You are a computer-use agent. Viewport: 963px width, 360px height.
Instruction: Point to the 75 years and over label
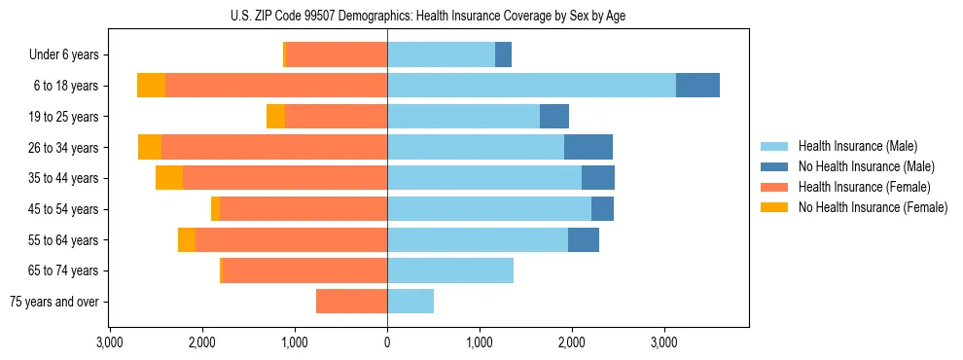coord(54,302)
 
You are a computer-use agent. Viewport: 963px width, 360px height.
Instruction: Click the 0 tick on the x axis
coord(387,342)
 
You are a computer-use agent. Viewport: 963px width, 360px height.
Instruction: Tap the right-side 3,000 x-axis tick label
coord(663,342)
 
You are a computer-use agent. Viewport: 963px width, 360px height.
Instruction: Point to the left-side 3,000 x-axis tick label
coord(110,342)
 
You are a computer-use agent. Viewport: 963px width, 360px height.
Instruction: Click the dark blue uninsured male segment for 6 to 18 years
coord(697,86)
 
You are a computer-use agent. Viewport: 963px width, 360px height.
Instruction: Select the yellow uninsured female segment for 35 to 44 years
coord(169,178)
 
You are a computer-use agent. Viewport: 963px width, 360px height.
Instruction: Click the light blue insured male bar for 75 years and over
coord(410,302)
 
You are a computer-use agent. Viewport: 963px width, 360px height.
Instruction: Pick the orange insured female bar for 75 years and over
coord(351,302)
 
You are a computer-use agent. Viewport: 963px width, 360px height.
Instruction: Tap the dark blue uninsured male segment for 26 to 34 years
coord(588,147)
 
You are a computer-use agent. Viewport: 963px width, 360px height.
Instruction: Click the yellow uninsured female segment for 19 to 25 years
coord(275,117)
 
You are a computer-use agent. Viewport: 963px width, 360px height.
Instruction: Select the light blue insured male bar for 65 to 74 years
coord(450,270)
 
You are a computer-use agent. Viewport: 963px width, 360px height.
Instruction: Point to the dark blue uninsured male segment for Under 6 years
coord(503,54)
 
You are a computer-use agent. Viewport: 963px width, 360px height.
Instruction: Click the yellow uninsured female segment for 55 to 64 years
coord(187,239)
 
